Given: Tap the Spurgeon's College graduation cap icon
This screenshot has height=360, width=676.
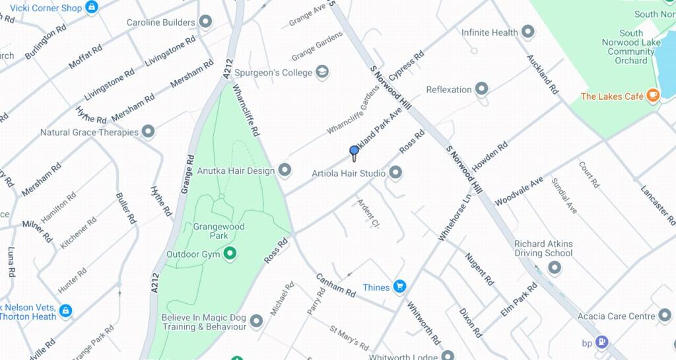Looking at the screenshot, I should pyautogui.click(x=322, y=72).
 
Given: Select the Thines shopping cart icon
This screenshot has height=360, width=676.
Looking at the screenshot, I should pyautogui.click(x=399, y=287).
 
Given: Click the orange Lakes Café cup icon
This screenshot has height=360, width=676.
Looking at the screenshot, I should pyautogui.click(x=653, y=96).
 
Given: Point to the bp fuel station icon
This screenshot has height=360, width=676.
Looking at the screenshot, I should pyautogui.click(x=601, y=342).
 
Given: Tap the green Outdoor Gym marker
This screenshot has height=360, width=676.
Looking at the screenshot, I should pyautogui.click(x=230, y=254).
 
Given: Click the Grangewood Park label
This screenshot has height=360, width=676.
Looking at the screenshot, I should pyautogui.click(x=219, y=231).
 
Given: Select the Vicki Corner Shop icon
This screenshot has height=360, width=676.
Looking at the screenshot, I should pyautogui.click(x=92, y=8).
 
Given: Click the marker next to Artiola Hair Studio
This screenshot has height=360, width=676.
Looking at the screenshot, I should pyautogui.click(x=396, y=173).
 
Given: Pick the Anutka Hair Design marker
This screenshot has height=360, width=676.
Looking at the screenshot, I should pyautogui.click(x=285, y=170).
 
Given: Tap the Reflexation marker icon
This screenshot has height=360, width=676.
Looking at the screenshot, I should pyautogui.click(x=482, y=89).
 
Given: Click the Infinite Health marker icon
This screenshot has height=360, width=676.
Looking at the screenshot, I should pyautogui.click(x=527, y=32).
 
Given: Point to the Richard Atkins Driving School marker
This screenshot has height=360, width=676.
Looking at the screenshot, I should pyautogui.click(x=555, y=268).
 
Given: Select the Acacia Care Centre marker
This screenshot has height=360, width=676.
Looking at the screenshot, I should pyautogui.click(x=665, y=316).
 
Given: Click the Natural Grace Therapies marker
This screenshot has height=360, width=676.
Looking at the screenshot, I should pyautogui.click(x=149, y=131).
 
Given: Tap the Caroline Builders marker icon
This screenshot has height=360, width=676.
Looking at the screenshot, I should pyautogui.click(x=206, y=22).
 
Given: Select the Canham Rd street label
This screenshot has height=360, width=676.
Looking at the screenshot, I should pyautogui.click(x=336, y=285).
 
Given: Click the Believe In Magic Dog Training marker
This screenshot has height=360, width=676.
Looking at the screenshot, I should pyautogui.click(x=257, y=322).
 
